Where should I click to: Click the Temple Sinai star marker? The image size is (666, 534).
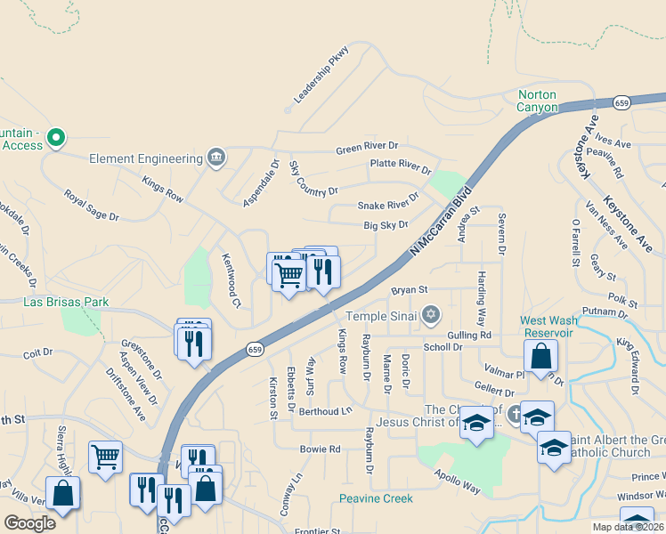[x=431, y=315]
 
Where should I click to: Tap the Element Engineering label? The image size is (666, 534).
[x=146, y=158]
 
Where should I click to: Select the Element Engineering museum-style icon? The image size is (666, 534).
[x=215, y=158]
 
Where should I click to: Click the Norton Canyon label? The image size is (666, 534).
[x=537, y=101]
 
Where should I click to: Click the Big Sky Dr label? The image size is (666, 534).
[x=386, y=226]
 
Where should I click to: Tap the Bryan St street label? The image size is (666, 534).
[x=410, y=290]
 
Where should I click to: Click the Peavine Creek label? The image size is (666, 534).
[x=376, y=498]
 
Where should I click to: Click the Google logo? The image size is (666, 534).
[x=29, y=523]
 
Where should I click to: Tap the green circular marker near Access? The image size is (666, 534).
[x=55, y=137]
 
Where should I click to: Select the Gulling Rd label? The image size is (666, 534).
[x=470, y=335]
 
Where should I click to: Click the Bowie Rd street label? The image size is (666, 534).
[x=320, y=449]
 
